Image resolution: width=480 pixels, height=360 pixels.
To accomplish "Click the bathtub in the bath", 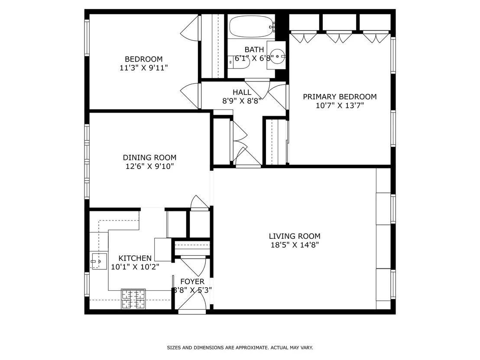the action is (x=252, y=26).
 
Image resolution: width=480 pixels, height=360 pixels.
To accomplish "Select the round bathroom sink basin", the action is (x=277, y=56).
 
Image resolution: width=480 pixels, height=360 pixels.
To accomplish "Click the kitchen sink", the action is (x=99, y=261).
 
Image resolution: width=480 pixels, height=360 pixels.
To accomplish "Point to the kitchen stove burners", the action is (x=133, y=299).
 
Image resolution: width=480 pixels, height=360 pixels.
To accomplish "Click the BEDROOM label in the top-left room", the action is (x=143, y=59).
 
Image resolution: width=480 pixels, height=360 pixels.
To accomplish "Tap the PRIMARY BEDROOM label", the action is (x=340, y=97).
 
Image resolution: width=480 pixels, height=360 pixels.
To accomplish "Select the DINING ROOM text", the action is (x=150, y=158).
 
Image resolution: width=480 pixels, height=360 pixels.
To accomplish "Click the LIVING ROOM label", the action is (x=295, y=237).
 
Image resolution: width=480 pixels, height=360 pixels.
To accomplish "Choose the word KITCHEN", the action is (x=135, y=258).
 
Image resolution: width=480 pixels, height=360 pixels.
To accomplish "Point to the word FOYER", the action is (x=192, y=282).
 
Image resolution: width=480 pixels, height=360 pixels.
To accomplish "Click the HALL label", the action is (x=242, y=92).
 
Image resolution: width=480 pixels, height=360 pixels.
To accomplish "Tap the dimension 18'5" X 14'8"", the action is (x=295, y=245).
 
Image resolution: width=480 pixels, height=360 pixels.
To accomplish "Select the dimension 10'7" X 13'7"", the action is (x=340, y=106).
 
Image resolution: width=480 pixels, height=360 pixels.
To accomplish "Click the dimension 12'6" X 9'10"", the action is (x=150, y=166).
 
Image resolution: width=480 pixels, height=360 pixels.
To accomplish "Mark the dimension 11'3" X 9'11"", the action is (x=143, y=68).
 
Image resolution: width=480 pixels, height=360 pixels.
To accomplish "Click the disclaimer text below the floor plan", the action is (x=240, y=348).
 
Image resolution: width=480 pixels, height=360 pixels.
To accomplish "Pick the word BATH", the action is (x=254, y=49).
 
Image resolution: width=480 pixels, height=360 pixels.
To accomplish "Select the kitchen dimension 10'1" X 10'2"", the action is (x=135, y=267).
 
